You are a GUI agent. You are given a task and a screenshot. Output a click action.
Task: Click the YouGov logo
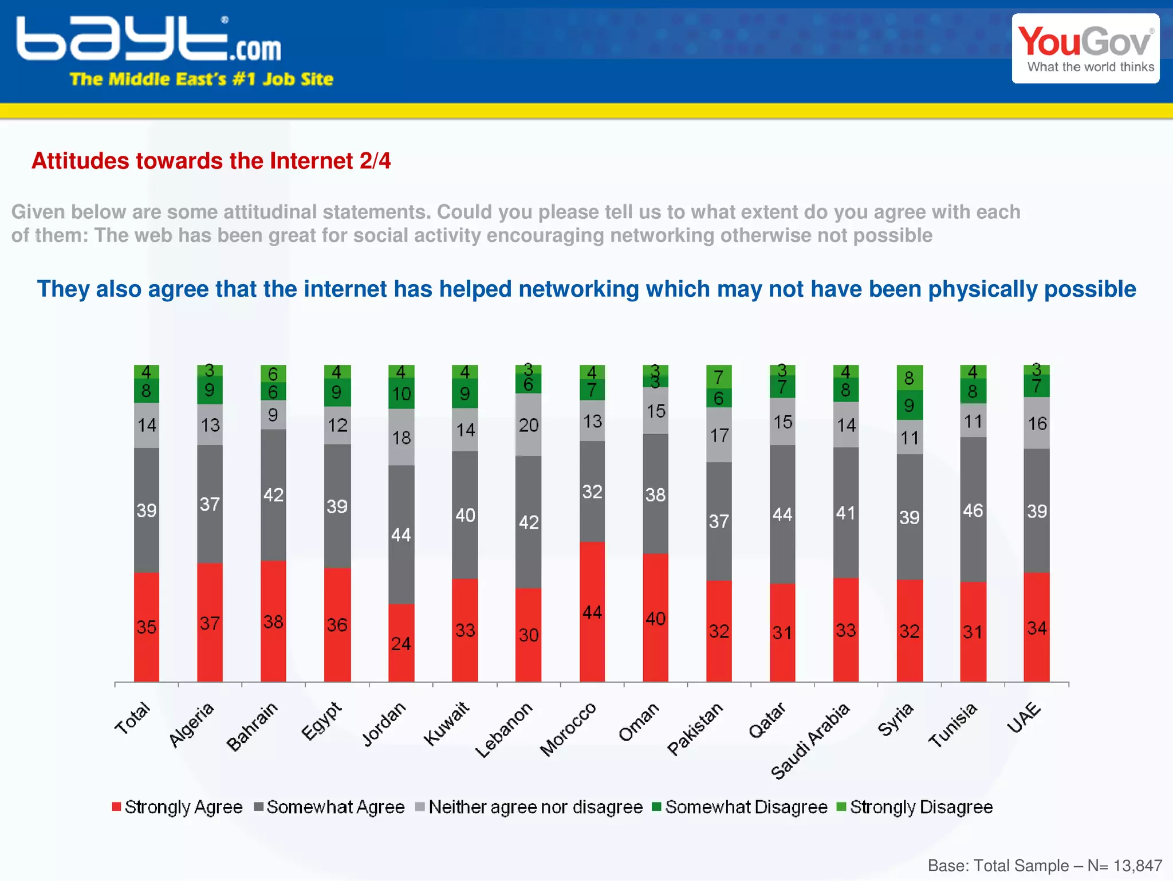pos(1085,49)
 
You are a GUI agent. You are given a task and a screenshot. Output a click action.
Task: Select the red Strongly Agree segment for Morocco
pos(592,612)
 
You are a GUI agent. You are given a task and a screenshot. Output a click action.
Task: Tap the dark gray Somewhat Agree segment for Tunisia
pos(973,510)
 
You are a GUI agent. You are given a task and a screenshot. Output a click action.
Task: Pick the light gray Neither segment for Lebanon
pos(528,425)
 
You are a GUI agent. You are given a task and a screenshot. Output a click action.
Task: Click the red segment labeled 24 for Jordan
pos(401,643)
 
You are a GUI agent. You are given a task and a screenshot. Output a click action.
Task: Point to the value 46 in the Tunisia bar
pos(973,510)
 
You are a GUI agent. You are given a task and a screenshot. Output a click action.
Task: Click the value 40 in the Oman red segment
pos(655,619)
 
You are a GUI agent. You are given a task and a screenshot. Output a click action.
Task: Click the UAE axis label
pos(1024,717)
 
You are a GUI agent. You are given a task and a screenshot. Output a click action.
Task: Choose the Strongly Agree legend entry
pos(178,807)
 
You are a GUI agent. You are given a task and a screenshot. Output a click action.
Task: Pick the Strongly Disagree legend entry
pos(915,807)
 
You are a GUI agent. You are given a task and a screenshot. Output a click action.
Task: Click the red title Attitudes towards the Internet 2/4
pos(211,161)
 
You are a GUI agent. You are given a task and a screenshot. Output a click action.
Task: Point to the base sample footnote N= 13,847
pos(1045,866)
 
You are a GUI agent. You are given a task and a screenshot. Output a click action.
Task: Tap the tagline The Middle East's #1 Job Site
pos(201,79)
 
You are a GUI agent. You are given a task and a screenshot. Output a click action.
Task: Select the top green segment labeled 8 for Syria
pos(909,378)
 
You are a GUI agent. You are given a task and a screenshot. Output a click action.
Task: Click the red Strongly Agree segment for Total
pos(147,627)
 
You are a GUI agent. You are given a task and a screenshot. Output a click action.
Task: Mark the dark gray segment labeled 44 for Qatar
pos(782,514)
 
